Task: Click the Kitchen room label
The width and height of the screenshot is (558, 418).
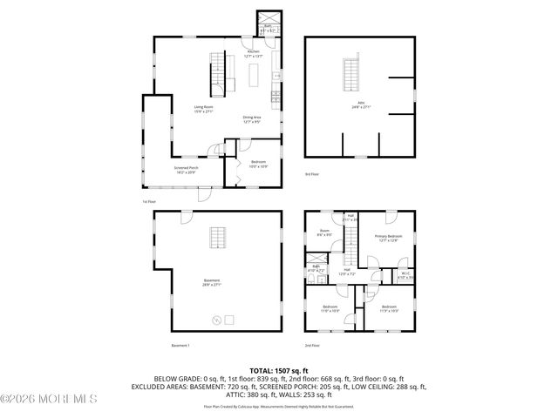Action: click(x=253, y=53)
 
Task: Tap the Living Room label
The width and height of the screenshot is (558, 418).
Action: click(x=203, y=109)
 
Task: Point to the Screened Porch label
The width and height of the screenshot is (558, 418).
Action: click(x=186, y=169)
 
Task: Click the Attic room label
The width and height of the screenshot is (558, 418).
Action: click(x=358, y=104)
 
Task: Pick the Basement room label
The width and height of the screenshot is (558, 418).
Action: click(x=212, y=281)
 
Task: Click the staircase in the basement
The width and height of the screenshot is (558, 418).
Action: click(x=217, y=238)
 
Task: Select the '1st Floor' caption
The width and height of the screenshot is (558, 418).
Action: click(x=150, y=202)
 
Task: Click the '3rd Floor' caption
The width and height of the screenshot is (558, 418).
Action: click(x=311, y=175)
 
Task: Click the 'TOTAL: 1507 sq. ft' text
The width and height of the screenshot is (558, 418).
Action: click(x=278, y=370)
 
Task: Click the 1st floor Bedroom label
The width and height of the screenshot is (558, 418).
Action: click(x=259, y=164)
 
